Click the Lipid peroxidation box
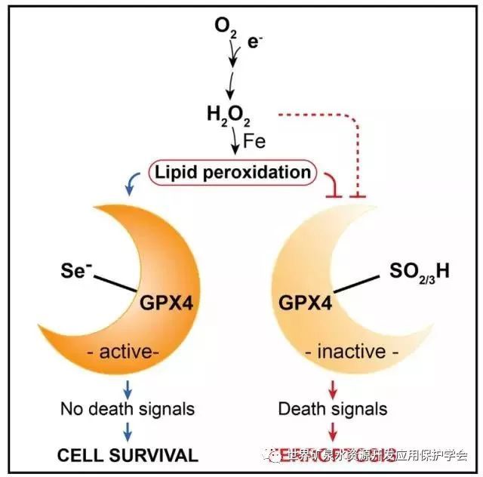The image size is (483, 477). [232, 173]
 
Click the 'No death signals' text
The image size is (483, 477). [128, 409]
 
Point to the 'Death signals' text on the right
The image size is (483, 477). [332, 409]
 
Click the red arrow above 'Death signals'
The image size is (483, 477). [333, 389]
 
